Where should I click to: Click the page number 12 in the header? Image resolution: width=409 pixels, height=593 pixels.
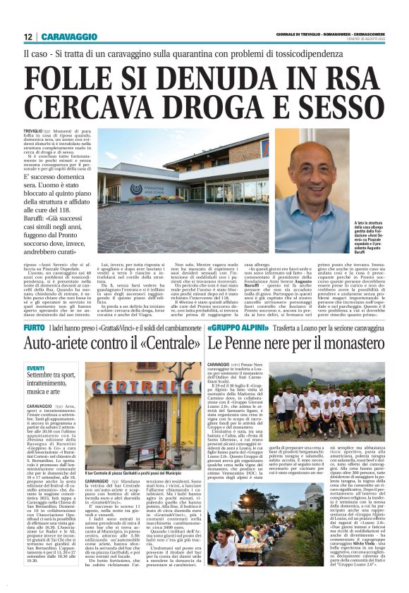pos(28,36)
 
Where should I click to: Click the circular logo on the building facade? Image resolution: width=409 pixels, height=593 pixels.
pos(135,189)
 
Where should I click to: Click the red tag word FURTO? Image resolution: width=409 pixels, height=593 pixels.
pos(33,328)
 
